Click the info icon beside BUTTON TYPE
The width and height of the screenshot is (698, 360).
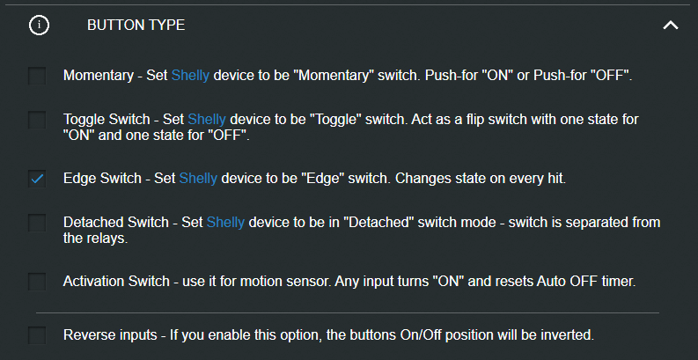coord(39,26)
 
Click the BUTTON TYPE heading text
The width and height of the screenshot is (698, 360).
coord(136,26)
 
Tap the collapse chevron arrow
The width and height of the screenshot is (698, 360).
coord(671,26)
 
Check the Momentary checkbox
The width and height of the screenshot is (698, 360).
coord(37,76)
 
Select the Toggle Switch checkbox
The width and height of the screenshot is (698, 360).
coord(37,120)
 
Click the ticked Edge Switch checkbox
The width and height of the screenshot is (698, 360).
coord(37,179)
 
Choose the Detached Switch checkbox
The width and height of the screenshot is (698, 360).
coord(37,223)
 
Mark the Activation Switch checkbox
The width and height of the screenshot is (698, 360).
coord(37,282)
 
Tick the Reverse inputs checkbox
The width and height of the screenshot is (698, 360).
coord(37,335)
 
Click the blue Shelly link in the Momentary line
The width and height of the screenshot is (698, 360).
coord(190,76)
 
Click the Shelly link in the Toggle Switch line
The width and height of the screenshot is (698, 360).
coord(207,120)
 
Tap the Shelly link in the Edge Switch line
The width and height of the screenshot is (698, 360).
coord(198,179)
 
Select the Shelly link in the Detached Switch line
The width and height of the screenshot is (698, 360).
coord(225,222)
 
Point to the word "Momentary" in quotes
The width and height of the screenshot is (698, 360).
coord(336,76)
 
